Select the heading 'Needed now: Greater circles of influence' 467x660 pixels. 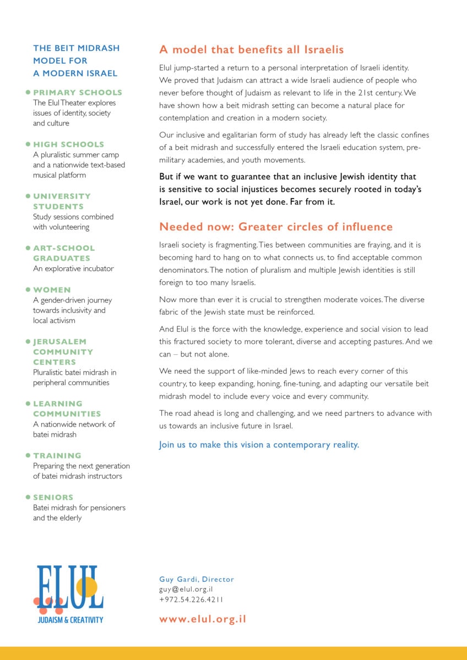tap(276, 227)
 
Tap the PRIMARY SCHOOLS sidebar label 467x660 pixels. tap(78, 92)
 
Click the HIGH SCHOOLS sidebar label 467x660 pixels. tap(68, 144)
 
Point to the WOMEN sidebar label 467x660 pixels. tap(52, 289)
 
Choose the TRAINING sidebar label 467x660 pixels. tap(57, 455)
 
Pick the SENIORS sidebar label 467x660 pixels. tap(53, 497)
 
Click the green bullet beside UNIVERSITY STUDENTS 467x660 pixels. tap(28, 196)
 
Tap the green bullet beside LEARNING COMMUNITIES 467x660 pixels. tap(28, 404)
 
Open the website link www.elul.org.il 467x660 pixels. tap(203, 619)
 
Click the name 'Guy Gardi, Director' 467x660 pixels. tap(197, 579)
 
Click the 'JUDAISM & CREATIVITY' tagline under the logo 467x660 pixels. tap(70, 620)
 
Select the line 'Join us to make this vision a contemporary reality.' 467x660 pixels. tap(259, 444)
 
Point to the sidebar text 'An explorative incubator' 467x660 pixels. tap(73, 268)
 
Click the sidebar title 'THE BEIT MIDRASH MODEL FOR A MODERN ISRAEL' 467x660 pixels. tap(76, 61)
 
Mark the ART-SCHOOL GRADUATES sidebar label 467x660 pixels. tap(64, 253)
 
